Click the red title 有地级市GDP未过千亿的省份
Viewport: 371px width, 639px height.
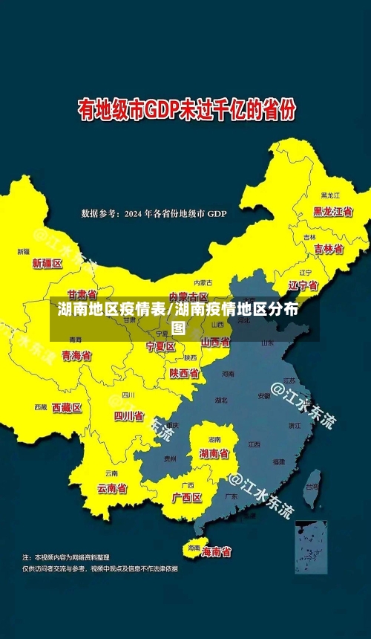[x=187, y=111]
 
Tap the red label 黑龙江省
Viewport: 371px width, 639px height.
[x=332, y=211]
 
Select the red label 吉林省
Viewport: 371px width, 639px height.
[x=328, y=249]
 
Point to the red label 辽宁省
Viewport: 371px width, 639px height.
[x=303, y=285]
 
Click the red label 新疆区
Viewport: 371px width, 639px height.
[x=47, y=263]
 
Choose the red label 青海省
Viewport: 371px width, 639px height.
[x=76, y=355]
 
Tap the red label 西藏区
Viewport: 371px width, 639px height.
[x=67, y=407]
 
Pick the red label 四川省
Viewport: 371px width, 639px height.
[x=128, y=416]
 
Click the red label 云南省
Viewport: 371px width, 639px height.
[x=112, y=488]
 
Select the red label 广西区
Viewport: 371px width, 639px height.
[x=187, y=497]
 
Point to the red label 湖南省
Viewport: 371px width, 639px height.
[x=214, y=453]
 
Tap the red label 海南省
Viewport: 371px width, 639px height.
[x=216, y=552]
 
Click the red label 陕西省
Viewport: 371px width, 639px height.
[x=183, y=373]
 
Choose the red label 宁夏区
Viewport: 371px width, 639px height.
[x=160, y=346]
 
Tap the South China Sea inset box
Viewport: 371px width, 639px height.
[x=310, y=546]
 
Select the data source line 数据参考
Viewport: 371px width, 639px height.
[x=154, y=214]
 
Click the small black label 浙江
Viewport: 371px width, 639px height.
[x=295, y=425]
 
